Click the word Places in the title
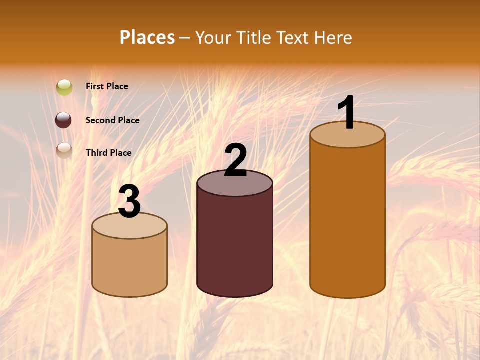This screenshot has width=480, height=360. tap(147, 37)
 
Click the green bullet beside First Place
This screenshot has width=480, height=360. tap(64, 87)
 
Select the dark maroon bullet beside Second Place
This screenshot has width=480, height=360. tap(63, 120)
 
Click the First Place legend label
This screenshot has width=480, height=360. tap(107, 86)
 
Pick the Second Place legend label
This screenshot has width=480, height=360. tap(112, 120)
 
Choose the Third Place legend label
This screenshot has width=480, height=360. tap(109, 153)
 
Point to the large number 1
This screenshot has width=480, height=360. tap(347, 113)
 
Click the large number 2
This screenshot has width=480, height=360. tap(235, 161)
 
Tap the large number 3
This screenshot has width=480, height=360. tap(129, 202)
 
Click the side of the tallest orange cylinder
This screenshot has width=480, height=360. tap(347, 220)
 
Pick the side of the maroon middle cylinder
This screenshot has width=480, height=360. tap(235, 245)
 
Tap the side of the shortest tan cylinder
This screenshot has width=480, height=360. tap(129, 265)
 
